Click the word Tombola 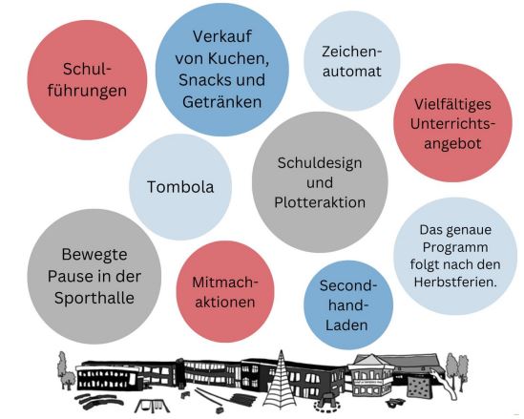pyautogui.click(x=180, y=186)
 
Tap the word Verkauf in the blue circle pyautogui.click(x=222, y=36)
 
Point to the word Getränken pyautogui.click(x=221, y=102)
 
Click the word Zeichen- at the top pyautogui.click(x=351, y=52)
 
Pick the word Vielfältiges pyautogui.click(x=452, y=104)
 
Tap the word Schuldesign pyautogui.click(x=320, y=163)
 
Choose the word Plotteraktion pyautogui.click(x=320, y=202)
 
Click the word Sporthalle pyautogui.click(x=94, y=298)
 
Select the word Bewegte pyautogui.click(x=94, y=255)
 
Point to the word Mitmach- pyautogui.click(x=225, y=283)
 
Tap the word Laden pyautogui.click(x=346, y=325)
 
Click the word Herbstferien pyautogui.click(x=455, y=282)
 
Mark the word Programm pyautogui.click(x=455, y=247)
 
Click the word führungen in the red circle pyautogui.click(x=87, y=91)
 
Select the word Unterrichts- pyautogui.click(x=452, y=124)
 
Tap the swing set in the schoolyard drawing pyautogui.click(x=152, y=406)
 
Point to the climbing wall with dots pyautogui.click(x=419, y=387)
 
